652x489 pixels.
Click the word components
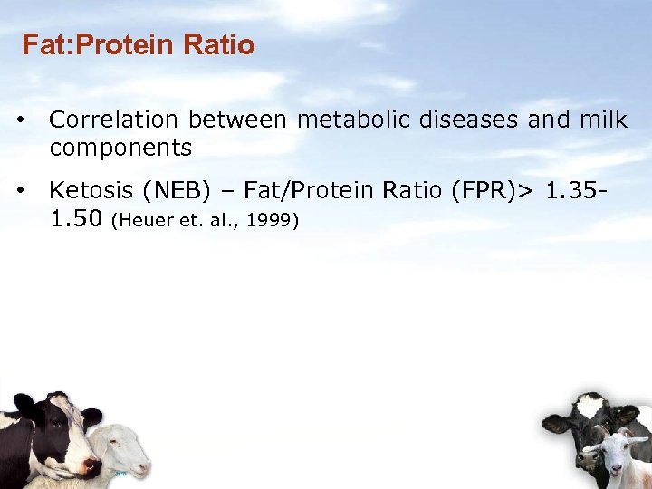point(120,148)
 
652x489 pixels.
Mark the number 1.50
point(76,218)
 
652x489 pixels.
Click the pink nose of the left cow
point(91,465)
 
